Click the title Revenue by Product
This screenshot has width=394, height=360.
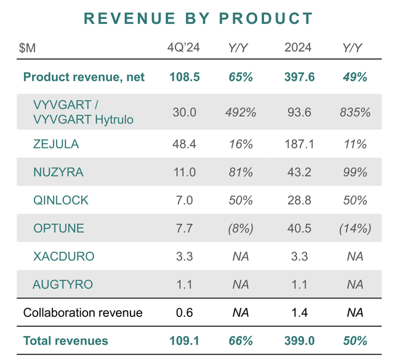198,18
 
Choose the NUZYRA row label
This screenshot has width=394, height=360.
56,172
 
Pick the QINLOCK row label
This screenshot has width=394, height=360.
60,200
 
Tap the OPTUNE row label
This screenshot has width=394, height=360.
58,228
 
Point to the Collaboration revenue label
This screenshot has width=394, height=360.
82,313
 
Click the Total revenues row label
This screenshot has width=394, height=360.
65,340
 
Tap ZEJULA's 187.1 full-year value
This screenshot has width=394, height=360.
299,145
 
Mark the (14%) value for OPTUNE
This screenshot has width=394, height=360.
355,228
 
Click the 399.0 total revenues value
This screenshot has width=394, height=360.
299,340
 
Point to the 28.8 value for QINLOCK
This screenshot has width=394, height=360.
299,200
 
